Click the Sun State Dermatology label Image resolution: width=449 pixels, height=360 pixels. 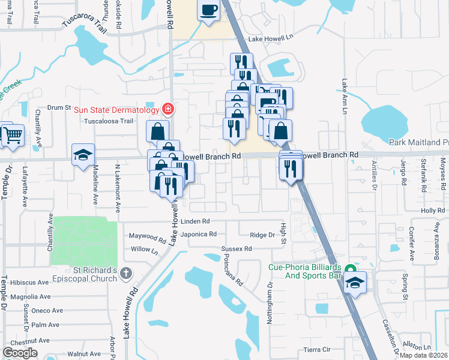[116, 109]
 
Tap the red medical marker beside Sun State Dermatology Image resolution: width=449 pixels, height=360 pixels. [168, 109]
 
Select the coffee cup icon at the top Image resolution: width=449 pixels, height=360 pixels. [208, 10]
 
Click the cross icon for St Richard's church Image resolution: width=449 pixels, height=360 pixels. [125, 274]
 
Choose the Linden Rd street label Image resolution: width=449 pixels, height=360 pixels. [199, 221]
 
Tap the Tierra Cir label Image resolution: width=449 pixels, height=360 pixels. [317, 349]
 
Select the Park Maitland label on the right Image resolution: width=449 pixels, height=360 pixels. [418, 142]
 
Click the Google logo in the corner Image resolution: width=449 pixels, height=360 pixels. [20, 353]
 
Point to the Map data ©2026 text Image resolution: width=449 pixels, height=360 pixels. [424, 355]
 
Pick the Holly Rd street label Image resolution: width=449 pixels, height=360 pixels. [432, 211]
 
